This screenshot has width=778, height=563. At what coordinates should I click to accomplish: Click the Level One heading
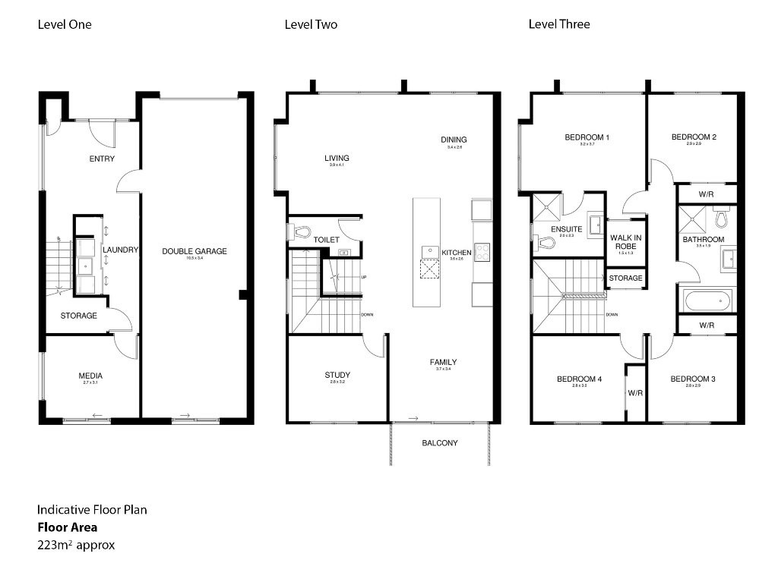tap(65, 24)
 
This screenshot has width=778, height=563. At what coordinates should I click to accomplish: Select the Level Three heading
tap(559, 24)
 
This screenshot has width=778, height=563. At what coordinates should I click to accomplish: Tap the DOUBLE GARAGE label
tap(194, 251)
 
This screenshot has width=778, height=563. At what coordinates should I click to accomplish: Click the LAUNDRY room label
tap(120, 250)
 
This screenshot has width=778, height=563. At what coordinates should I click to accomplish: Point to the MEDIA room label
tap(90, 376)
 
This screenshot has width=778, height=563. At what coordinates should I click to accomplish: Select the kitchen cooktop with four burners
tap(482, 253)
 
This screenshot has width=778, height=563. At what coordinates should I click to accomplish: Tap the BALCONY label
tap(440, 443)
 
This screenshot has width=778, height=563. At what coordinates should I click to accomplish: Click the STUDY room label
tap(337, 375)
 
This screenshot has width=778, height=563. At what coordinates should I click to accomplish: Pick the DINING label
tap(454, 140)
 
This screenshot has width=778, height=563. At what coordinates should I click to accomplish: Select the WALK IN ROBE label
tap(627, 242)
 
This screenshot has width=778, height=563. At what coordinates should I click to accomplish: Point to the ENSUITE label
tap(567, 228)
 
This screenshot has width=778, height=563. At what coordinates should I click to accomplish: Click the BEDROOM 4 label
tap(579, 379)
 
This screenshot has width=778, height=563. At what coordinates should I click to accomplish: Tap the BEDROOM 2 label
tap(694, 137)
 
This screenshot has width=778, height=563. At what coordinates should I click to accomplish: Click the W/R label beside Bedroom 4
tap(635, 393)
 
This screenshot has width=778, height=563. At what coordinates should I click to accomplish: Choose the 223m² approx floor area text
tap(76, 544)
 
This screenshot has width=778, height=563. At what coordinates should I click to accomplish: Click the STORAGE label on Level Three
tap(626, 278)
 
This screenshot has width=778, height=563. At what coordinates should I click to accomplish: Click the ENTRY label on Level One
tap(102, 159)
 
